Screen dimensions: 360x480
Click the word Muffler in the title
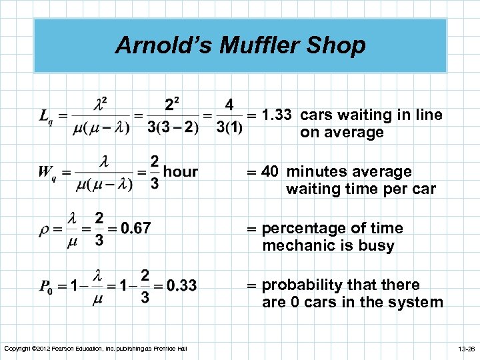(x=253, y=45)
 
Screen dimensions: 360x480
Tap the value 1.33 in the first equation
(x=276, y=115)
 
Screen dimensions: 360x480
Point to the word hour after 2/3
(x=181, y=172)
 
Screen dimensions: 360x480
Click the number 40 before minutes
(x=270, y=172)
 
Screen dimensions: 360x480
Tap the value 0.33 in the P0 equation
(x=181, y=286)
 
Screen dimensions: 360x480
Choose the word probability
(x=302, y=285)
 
